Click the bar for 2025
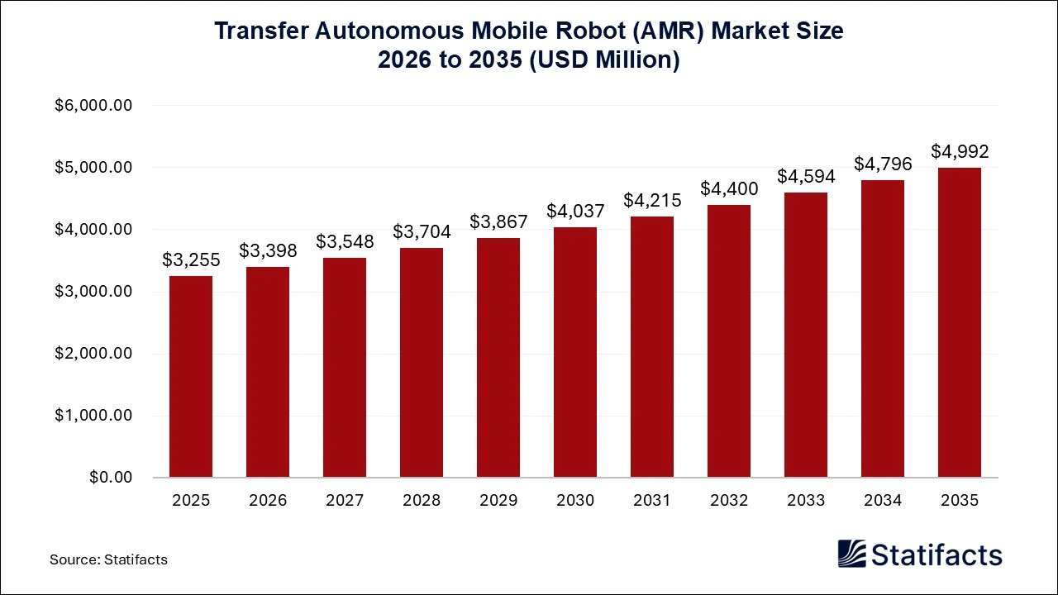[x=191, y=377]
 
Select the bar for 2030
[x=575, y=353]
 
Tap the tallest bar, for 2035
[x=960, y=323]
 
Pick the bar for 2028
[x=422, y=363]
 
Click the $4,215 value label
[x=652, y=200]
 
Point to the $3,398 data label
[x=268, y=250]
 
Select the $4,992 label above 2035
[x=960, y=151]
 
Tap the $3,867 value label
[x=498, y=221]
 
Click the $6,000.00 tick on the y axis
[x=93, y=106]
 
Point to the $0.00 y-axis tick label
[x=112, y=478]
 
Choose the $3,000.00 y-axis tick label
[x=93, y=292]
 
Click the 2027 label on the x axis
[x=345, y=501]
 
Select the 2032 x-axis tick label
[x=729, y=501]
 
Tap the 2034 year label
[x=883, y=501]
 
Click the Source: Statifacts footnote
[x=108, y=559]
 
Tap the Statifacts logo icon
[x=851, y=554]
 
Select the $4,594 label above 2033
[x=806, y=176]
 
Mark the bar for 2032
[x=729, y=341]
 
